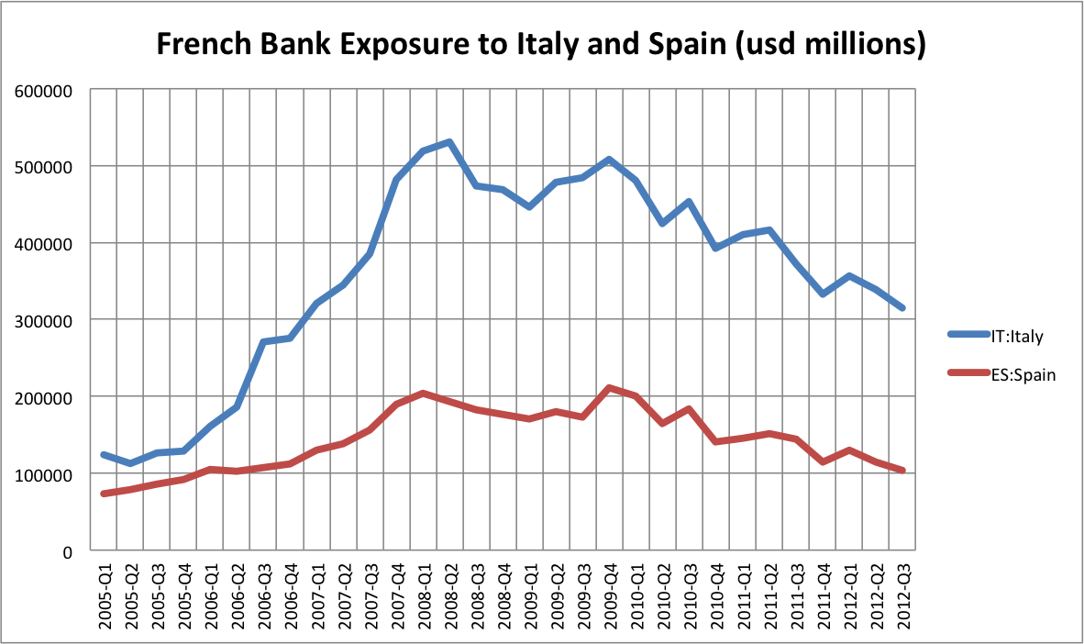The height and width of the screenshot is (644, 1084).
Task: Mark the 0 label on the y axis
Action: [68, 551]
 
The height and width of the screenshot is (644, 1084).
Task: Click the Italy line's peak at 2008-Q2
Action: [450, 142]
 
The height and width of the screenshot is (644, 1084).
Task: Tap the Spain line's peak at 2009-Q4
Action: [610, 388]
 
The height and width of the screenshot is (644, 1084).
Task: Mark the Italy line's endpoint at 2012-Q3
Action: [902, 308]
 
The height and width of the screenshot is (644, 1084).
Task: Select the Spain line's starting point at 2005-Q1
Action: [106, 494]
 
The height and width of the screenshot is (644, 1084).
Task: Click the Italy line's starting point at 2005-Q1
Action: [106, 454]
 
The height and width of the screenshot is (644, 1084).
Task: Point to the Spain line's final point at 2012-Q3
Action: [902, 471]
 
